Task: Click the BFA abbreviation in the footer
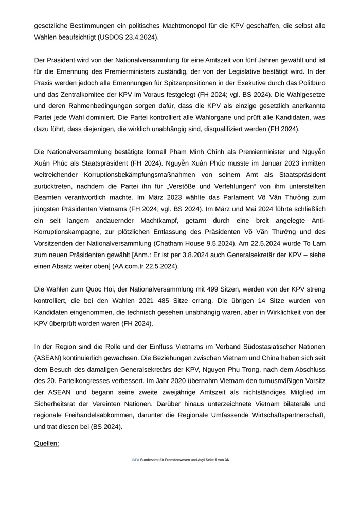pyautogui.click(x=136, y=460)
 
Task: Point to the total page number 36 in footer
pyautogui.click(x=227, y=460)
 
